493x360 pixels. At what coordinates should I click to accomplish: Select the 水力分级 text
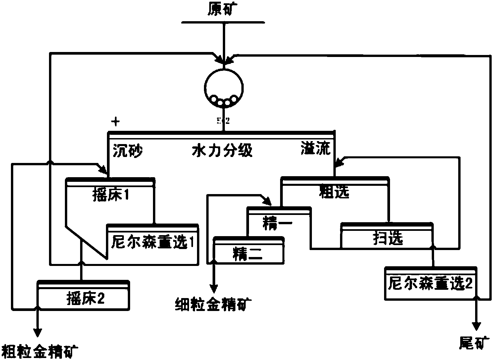click(x=222, y=151)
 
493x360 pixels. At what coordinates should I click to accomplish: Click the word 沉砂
click(x=128, y=151)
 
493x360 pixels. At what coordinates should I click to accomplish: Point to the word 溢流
click(x=316, y=149)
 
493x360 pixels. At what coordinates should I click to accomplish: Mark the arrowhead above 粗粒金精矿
click(x=37, y=332)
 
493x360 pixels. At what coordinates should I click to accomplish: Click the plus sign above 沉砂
click(x=115, y=122)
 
